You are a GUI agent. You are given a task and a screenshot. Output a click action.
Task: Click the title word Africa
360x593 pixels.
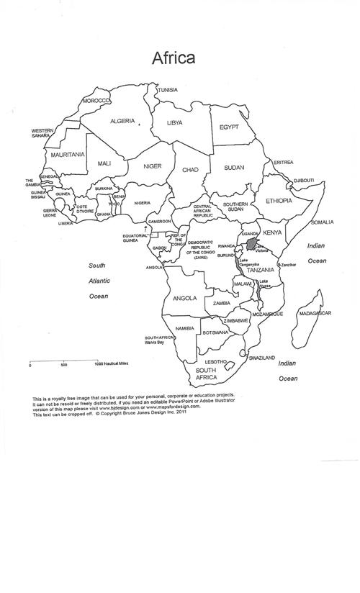171,58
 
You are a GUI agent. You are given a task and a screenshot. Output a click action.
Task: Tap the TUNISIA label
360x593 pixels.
168,90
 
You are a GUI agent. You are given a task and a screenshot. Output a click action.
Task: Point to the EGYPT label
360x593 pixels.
223,127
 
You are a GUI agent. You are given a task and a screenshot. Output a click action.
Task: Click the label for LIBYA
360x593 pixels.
175,123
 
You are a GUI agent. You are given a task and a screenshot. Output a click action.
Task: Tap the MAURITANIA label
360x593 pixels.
67,154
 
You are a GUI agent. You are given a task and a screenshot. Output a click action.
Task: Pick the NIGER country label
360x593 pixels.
152,166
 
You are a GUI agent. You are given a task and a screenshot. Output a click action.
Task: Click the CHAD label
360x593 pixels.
189,170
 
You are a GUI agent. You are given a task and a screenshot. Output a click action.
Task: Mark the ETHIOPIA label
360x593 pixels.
279,201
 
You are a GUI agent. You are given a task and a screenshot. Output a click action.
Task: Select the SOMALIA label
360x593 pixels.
322,222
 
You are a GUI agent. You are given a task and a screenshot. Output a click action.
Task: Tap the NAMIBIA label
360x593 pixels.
184,328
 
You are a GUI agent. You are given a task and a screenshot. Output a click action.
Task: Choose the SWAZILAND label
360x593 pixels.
261,358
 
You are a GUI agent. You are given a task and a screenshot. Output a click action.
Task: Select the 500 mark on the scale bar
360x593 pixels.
64,365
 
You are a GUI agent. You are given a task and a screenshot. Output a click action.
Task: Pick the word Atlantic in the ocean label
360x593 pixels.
99,281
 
